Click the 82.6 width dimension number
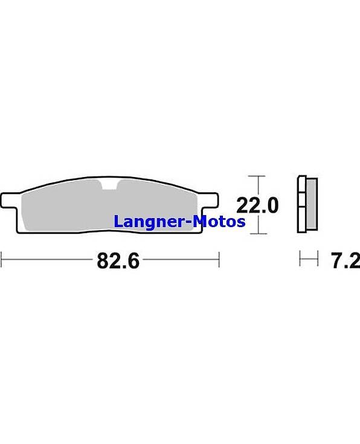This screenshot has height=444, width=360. [118, 261]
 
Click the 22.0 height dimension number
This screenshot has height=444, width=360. [257, 205]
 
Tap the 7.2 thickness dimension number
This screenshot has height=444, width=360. [346, 261]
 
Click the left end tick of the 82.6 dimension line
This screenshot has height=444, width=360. [2, 259]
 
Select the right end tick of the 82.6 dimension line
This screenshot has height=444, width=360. [219, 259]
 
